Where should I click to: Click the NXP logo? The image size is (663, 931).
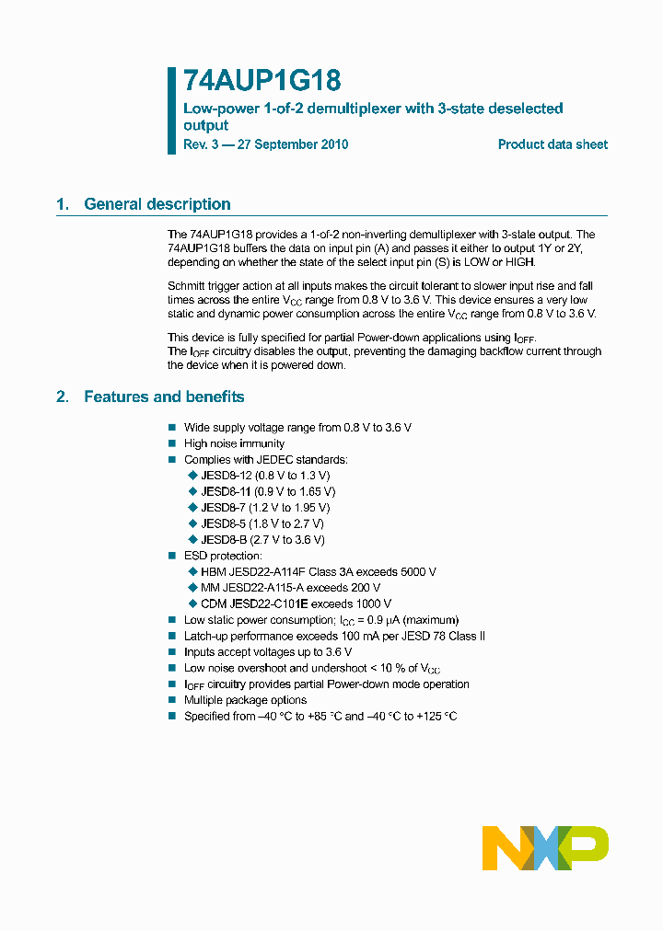[545, 847]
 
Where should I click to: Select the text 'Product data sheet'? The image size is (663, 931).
[552, 144]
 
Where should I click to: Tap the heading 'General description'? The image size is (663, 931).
[157, 204]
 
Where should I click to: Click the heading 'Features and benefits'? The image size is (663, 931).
[164, 397]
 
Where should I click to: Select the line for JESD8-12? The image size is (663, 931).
[264, 476]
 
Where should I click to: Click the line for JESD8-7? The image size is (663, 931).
[264, 507]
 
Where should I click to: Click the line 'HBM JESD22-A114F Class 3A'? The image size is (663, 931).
[318, 571]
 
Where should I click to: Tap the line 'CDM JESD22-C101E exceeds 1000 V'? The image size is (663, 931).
[297, 603]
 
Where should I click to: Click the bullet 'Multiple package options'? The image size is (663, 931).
[245, 700]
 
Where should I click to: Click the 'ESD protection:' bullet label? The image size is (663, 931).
[223, 556]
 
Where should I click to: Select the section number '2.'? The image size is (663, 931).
[63, 397]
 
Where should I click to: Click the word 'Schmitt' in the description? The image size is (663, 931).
[188, 285]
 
